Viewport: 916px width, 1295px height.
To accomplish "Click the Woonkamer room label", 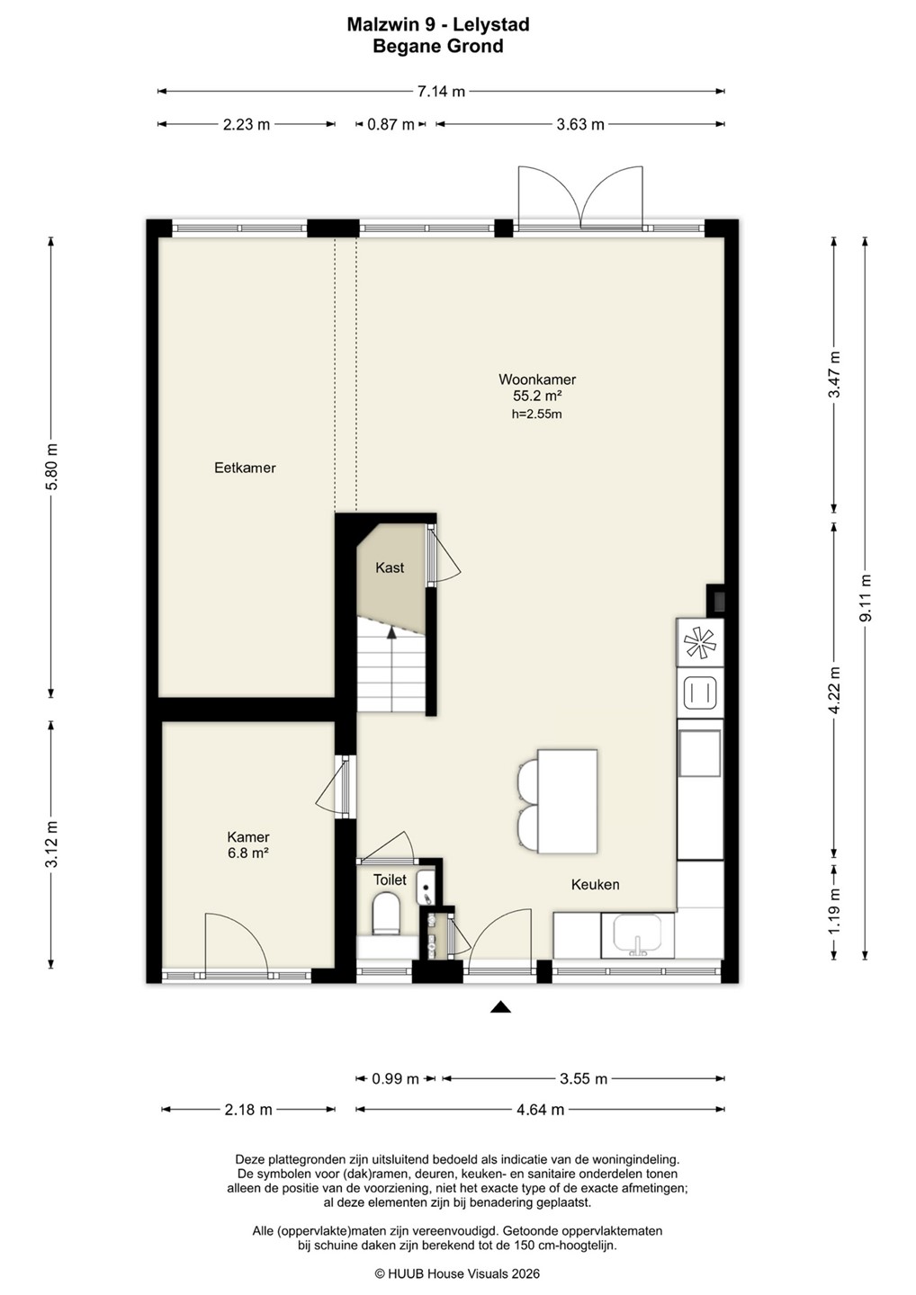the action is click(x=537, y=380).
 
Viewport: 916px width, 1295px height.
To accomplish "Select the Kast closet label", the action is click(x=390, y=567).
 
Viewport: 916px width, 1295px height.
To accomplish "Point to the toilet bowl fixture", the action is click(x=386, y=914).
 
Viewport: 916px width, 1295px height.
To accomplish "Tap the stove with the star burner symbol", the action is click(x=700, y=642).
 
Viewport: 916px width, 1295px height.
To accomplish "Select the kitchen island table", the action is click(x=567, y=800).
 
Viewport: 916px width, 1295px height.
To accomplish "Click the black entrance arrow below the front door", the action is click(x=501, y=1006).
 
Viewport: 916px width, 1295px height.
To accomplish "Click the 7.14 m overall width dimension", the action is click(x=441, y=92).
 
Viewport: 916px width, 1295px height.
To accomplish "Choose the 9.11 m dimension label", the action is click(x=866, y=598).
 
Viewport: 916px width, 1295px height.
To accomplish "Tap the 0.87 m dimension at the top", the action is click(x=391, y=124).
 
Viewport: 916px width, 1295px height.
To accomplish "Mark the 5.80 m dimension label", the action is click(x=51, y=467).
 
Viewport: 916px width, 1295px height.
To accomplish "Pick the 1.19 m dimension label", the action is click(x=834, y=911).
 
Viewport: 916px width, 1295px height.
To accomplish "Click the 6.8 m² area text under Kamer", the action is click(x=248, y=853).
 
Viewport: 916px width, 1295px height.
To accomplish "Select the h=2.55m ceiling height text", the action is click(x=536, y=414).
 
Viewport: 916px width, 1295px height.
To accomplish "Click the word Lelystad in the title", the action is click(x=491, y=24).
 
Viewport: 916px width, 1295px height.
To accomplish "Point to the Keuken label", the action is click(x=595, y=884).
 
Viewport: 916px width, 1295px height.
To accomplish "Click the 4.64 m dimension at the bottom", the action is click(x=540, y=1110).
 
